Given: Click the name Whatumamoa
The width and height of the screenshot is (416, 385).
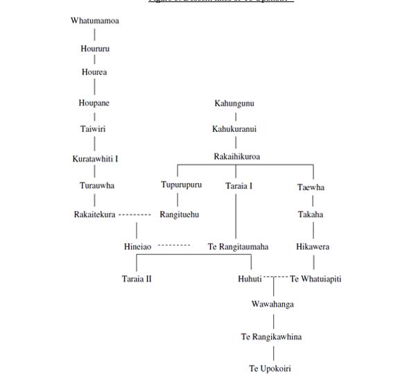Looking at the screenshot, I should point(95,21).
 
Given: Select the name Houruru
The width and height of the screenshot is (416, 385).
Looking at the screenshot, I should point(95,49).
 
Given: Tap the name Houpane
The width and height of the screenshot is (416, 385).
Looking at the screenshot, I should point(94,103).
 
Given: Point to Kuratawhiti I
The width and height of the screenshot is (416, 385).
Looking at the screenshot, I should point(95,159).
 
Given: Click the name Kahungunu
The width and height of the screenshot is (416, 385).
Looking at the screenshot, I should point(234,103).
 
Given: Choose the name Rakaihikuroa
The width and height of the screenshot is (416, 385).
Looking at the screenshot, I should point(236,157).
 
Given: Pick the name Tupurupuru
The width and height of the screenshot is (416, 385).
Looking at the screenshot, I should point(181,185).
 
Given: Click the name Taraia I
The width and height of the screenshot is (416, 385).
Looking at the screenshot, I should point(239,186).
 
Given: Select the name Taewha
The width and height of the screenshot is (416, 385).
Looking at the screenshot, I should point(311,187).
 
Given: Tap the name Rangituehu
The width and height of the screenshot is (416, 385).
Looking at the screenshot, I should point(180,215).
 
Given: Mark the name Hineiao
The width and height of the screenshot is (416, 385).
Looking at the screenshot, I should point(138,247).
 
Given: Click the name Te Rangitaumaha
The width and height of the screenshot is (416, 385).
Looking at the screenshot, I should point(238,247).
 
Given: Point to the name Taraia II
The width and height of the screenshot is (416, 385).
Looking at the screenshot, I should point(136,279).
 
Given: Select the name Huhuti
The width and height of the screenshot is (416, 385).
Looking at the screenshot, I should point(250,279).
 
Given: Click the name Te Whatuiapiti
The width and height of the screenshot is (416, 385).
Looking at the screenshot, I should point(315,279).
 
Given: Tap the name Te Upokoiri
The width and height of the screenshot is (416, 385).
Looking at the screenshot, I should point(270,368).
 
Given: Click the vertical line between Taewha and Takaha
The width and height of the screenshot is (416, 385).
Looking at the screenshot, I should point(313,201).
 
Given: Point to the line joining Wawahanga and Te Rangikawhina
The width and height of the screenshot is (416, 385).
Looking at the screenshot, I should point(273,321).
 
